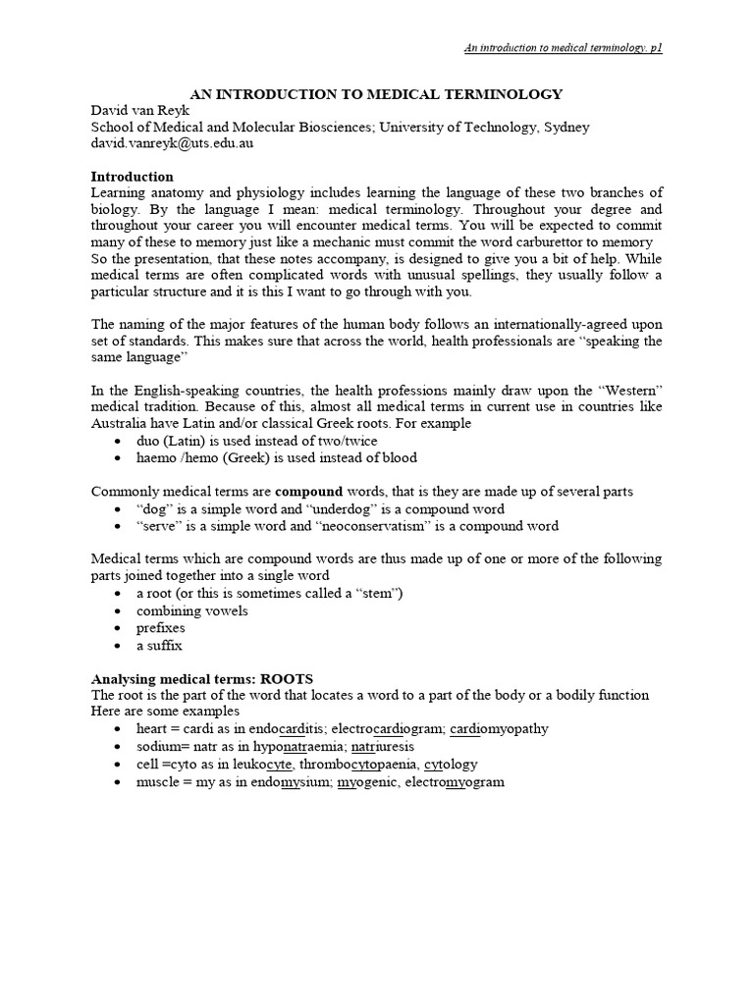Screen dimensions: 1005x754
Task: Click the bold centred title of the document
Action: pos(376,94)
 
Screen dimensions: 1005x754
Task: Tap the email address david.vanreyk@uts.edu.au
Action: pos(177,143)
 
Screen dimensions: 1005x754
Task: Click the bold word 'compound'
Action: pos(308,491)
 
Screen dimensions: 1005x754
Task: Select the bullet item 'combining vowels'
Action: pos(192,610)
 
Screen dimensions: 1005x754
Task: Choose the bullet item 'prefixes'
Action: pos(161,627)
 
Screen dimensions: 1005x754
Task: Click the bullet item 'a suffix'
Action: pos(159,645)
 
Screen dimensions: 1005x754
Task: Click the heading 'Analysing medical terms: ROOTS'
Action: pos(201,678)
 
